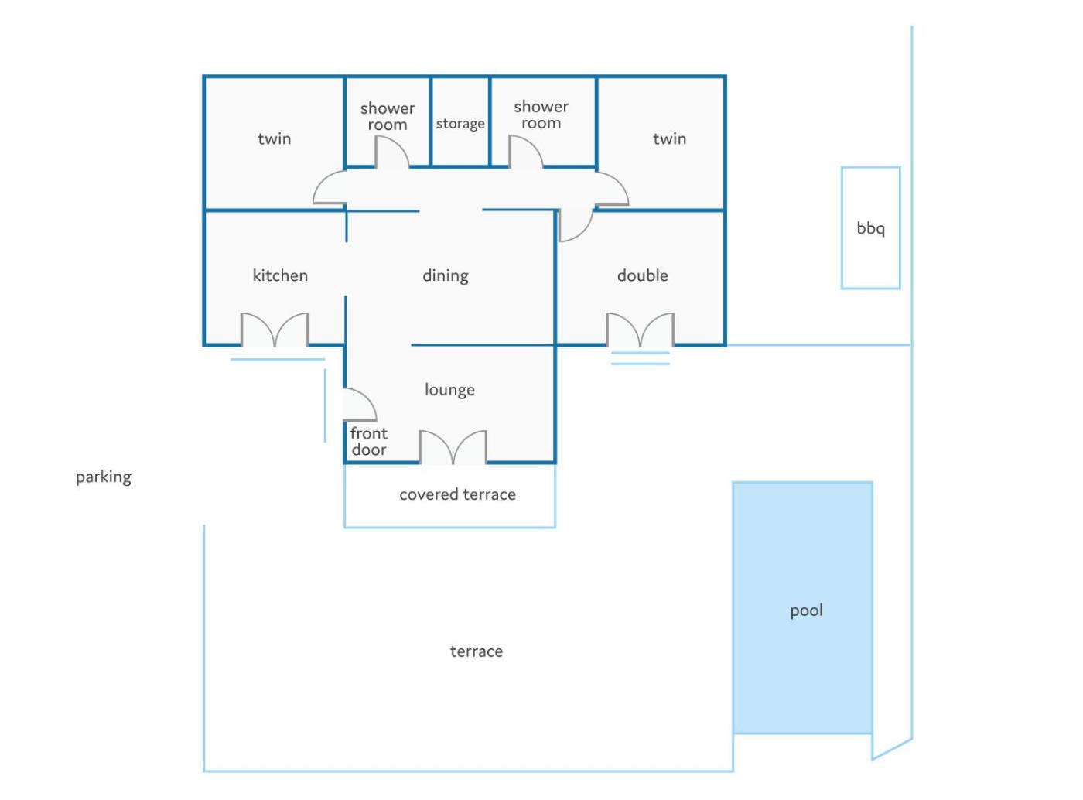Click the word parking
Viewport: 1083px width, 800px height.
pos(104,477)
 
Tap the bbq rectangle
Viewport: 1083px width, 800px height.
pos(870,168)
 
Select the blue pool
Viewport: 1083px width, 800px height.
pos(803,607)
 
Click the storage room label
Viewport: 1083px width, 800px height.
pos(460,124)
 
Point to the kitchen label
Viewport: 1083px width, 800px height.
pos(280,275)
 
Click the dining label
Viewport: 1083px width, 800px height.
pos(446,276)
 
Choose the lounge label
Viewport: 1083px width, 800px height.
pos(449,390)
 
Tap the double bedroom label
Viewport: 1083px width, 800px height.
pos(643,275)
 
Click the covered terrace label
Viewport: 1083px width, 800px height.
pos(457,494)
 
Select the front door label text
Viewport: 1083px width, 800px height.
pos(369,442)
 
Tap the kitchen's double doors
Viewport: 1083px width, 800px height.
pos(275,330)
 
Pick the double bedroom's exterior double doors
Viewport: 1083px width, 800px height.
pos(641,330)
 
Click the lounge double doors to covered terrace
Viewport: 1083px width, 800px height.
pos(453,448)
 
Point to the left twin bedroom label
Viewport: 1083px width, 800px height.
pos(275,139)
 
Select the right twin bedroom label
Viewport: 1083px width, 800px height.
pos(669,139)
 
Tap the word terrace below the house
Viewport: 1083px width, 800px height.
pos(477,651)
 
